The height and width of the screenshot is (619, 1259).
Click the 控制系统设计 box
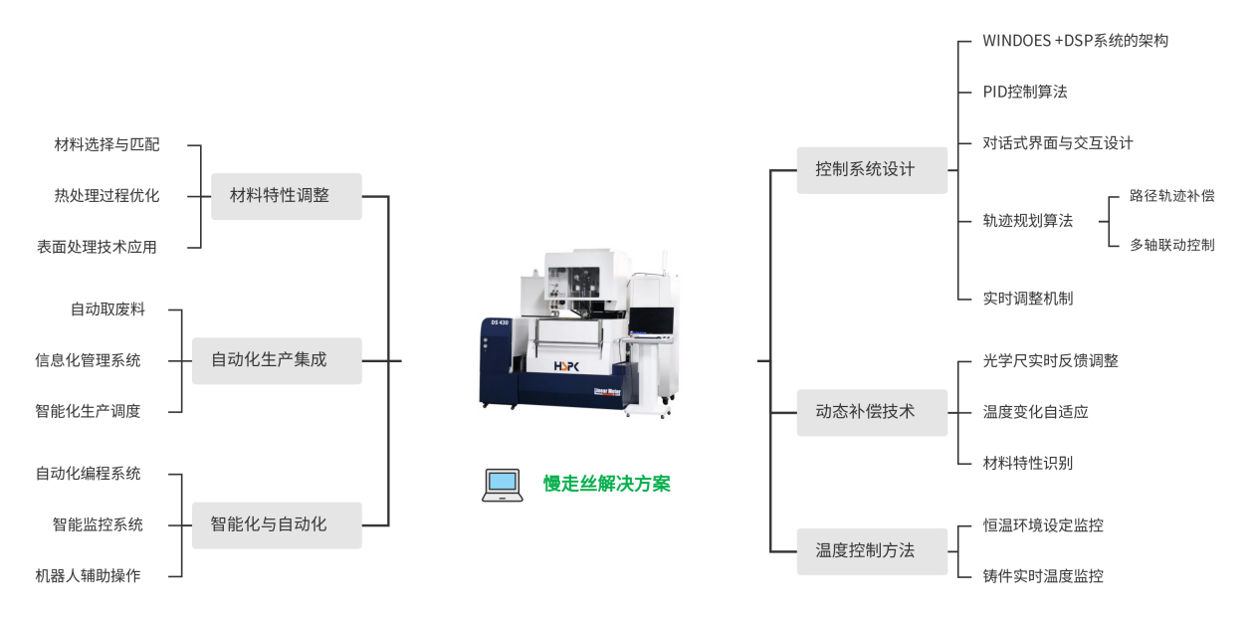872,170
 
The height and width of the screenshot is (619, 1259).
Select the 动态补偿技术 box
872,413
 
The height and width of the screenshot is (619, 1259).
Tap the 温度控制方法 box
872,551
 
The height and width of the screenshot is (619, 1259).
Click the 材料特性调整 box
286,196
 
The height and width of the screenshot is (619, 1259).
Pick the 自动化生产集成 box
277,361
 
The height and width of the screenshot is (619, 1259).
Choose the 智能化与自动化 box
277,525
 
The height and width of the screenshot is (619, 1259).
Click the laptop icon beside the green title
502,486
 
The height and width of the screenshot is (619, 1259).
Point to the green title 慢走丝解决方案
606,484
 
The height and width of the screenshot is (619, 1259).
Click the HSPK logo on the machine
566,366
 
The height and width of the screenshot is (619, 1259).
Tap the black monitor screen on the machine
651,320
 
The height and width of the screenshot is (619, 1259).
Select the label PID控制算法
1025,92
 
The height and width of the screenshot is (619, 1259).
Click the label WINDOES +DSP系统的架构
1075,41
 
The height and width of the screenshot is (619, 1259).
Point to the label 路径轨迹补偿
1171,196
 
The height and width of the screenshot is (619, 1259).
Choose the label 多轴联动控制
1171,245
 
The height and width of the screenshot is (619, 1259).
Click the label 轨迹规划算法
1027,221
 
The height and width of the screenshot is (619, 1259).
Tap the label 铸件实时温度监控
1043,576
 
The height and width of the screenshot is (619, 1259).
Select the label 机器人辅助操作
88,575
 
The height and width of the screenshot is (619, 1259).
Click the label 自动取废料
107,309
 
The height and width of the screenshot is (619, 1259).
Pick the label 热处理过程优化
106,196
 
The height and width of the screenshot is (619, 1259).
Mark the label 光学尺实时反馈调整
1050,361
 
